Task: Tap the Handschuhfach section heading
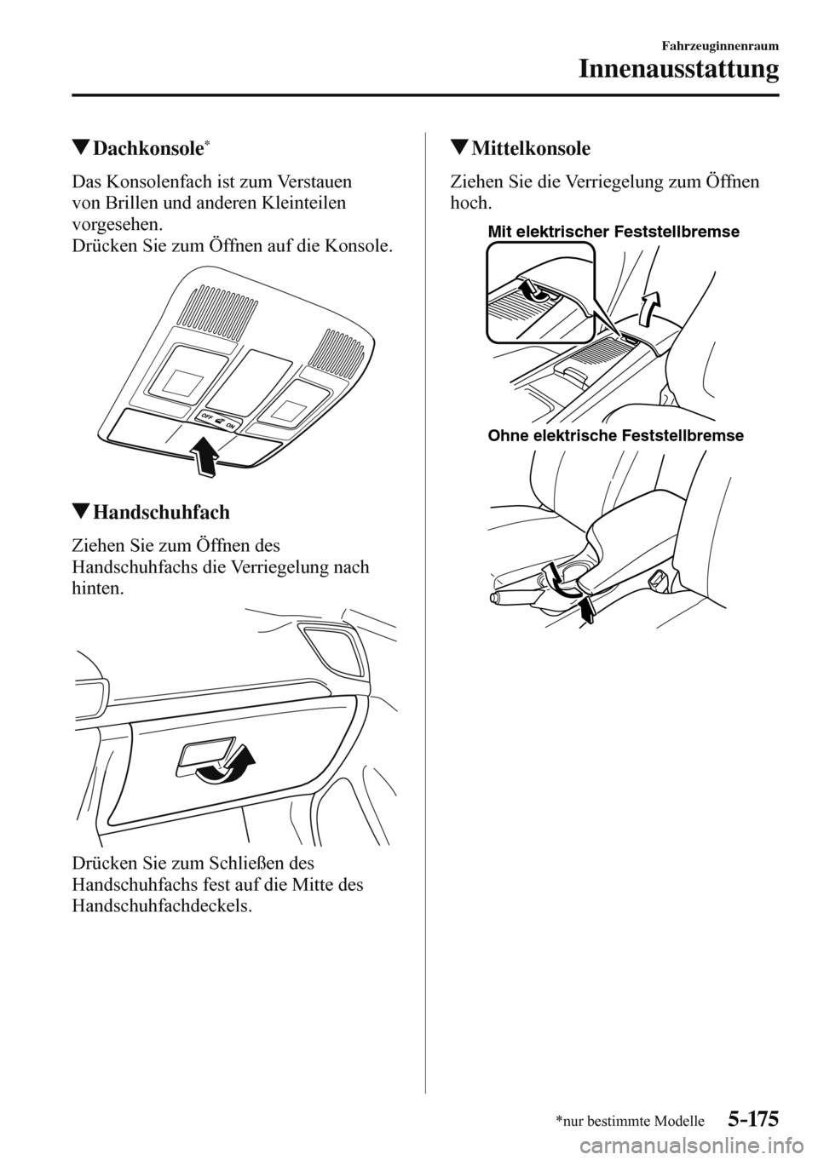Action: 160,513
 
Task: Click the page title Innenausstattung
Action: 680,68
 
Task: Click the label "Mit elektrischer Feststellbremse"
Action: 613,231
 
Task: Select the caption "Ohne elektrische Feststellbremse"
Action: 616,436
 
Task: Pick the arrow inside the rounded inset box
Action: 533,290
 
